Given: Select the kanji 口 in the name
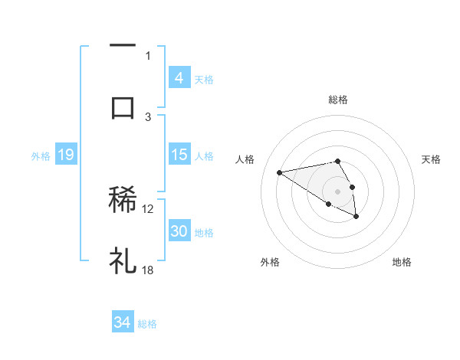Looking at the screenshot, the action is (123, 106).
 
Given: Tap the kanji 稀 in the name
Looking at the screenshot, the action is (123, 200).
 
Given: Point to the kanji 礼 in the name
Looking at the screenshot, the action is (123, 261).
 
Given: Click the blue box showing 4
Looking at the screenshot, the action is (179, 78).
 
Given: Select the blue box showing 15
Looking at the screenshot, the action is (179, 155).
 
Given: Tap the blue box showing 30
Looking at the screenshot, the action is (179, 231).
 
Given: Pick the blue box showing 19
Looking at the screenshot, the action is (65, 155).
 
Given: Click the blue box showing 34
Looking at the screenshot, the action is (122, 322).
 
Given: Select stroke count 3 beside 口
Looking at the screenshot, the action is (149, 116).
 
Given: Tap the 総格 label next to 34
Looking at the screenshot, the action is (147, 324).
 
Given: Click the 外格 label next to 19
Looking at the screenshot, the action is (41, 156).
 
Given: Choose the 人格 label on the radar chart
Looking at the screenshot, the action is (245, 159).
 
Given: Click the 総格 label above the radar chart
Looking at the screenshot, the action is (337, 100).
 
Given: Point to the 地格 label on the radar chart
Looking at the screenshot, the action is (402, 262).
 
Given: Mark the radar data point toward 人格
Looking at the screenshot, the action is (280, 172).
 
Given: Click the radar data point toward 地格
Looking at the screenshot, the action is (356, 217).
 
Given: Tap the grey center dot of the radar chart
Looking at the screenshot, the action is (337, 191).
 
